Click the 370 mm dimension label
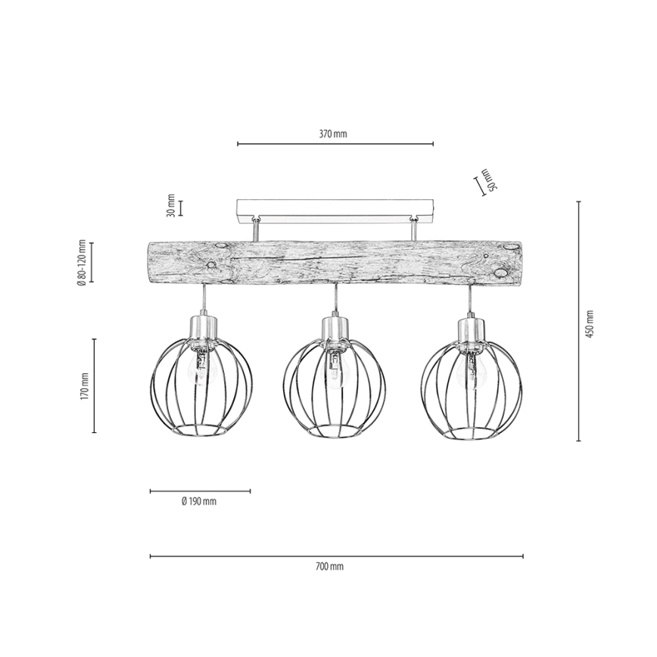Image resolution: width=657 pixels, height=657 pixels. (x=333, y=134)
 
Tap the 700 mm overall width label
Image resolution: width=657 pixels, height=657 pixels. (x=329, y=566)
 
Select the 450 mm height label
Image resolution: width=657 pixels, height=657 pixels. (x=590, y=324)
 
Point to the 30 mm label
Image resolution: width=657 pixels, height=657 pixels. (x=170, y=205)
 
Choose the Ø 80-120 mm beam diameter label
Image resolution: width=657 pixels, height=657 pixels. (x=82, y=263)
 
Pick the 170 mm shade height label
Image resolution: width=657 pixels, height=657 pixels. (x=84, y=385)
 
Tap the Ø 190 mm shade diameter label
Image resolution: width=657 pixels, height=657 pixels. (x=199, y=501)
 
